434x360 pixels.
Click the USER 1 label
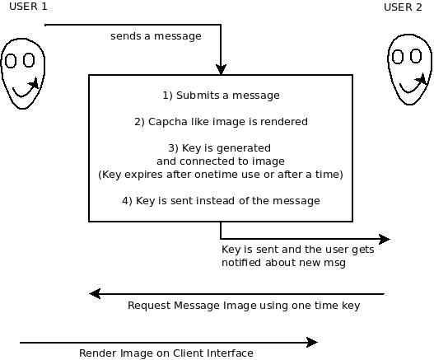28,7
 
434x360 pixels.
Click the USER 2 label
403,7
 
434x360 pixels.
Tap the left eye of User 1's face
11,61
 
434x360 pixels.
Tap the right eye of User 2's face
416,56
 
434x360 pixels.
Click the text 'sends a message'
156,36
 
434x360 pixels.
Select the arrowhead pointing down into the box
221,69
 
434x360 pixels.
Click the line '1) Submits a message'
221,96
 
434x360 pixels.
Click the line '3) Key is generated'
220,148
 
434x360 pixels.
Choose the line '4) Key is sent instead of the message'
221,201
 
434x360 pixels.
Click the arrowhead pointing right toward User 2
385,239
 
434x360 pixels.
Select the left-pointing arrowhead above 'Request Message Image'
95,293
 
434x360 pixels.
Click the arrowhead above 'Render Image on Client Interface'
312,342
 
